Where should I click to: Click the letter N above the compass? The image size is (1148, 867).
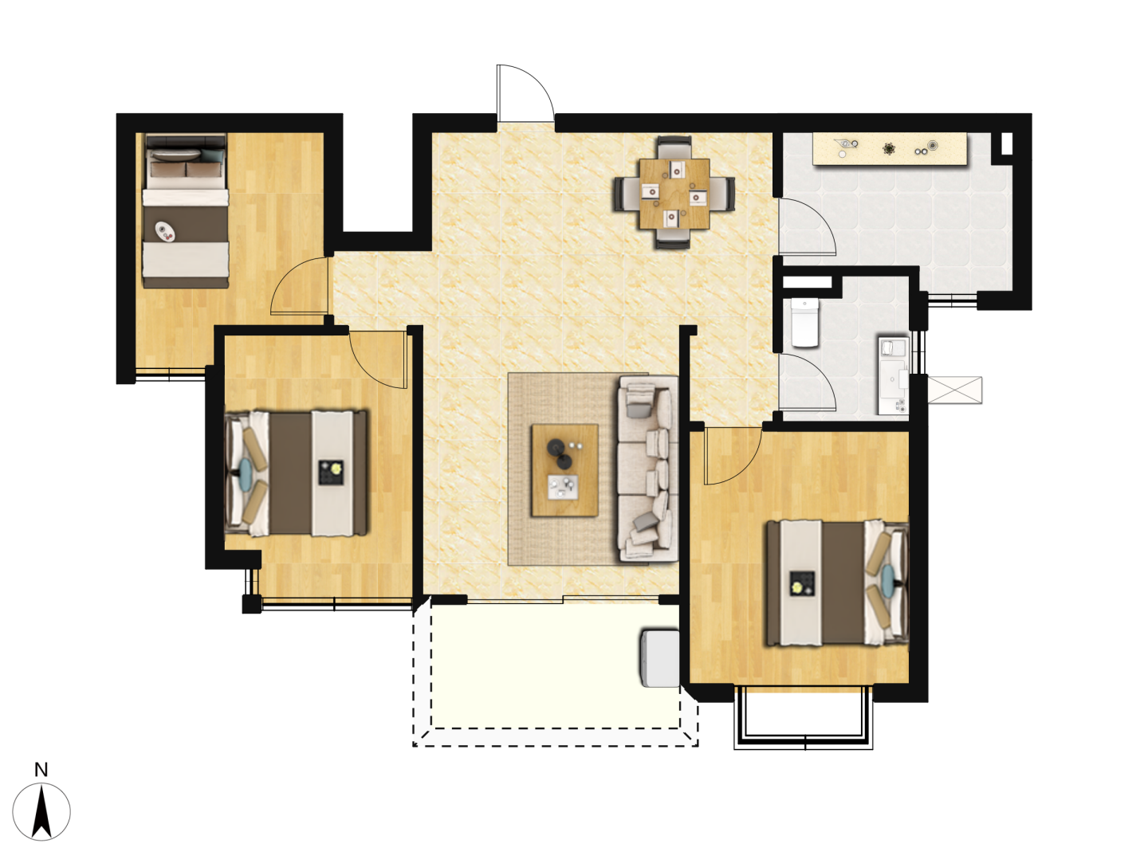click(41, 770)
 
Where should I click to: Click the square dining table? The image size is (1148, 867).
click(674, 194)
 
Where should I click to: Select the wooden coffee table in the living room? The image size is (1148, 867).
click(564, 470)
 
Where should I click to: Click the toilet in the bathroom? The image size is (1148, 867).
click(804, 322)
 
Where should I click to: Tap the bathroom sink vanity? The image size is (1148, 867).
click(894, 375)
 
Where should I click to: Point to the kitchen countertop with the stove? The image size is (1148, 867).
click(890, 149)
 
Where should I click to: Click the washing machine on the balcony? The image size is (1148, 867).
click(659, 658)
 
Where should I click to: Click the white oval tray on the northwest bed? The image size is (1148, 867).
click(165, 232)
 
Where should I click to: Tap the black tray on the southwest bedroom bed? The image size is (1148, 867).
click(331, 473)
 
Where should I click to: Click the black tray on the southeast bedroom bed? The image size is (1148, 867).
click(802, 584)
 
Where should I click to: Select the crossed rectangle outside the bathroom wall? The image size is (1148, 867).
click(954, 390)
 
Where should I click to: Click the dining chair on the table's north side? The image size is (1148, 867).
click(674, 147)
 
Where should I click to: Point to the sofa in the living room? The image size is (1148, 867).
click(647, 469)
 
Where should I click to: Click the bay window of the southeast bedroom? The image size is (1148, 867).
click(804, 718)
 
